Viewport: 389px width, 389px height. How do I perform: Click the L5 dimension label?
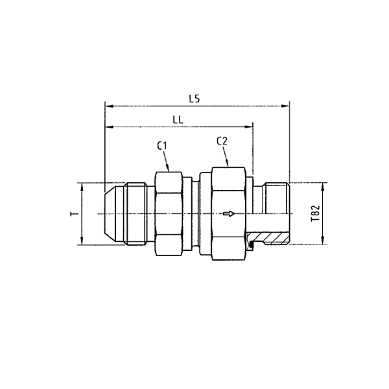point(194,99)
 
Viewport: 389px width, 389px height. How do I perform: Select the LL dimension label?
point(177,120)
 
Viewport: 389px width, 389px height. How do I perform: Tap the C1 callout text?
point(163,146)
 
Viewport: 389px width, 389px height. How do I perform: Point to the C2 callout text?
point(221,141)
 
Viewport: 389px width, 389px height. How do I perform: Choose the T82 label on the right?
point(314,213)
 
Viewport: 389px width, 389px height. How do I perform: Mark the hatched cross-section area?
point(269,236)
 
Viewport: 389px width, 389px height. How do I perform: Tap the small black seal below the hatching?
point(250,244)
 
